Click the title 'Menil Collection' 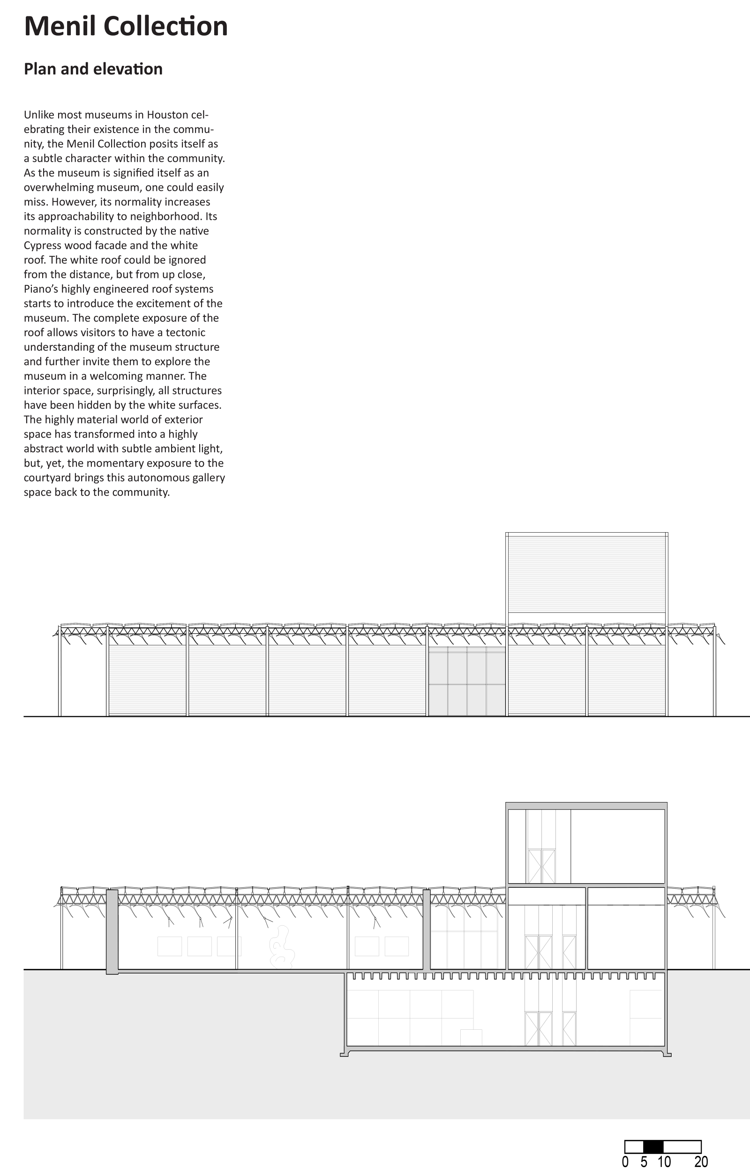point(126,27)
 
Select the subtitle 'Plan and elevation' point(93,69)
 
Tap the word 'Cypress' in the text point(43,245)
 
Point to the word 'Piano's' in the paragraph point(40,289)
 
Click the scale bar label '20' point(701,1162)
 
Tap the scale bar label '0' point(625,1162)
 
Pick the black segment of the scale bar point(653,1147)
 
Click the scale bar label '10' point(664,1162)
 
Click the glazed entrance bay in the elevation point(467,681)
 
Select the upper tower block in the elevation point(586,574)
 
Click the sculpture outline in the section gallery point(282,947)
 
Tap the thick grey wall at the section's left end point(112,931)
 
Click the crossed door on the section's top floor point(541,866)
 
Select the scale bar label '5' point(644,1162)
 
